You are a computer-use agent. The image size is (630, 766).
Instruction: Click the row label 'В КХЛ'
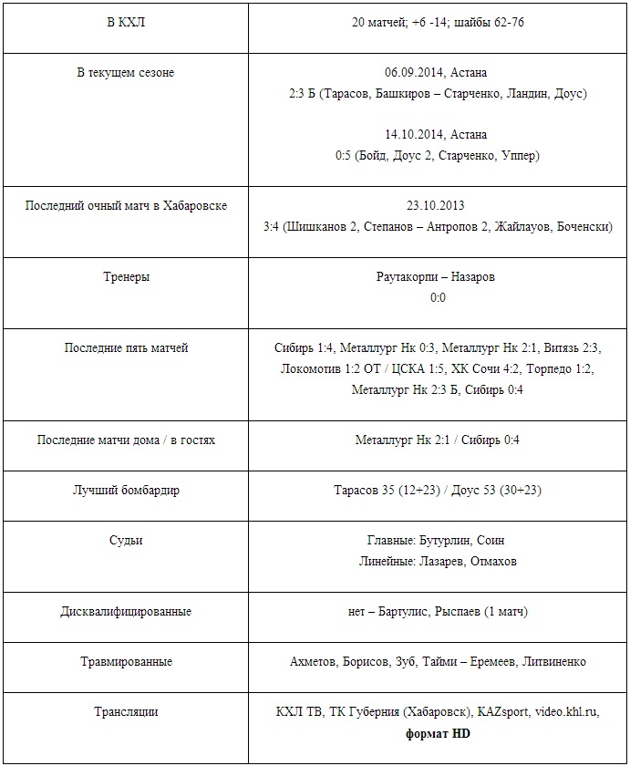point(125,22)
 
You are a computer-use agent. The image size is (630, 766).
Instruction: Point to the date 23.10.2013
point(437,205)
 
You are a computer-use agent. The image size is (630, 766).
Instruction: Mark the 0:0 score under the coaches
point(438,297)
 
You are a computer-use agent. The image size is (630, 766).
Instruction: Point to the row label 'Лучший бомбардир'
point(126,490)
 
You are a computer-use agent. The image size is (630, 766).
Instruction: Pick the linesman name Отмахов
point(493,561)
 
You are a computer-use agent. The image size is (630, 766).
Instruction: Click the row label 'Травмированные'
point(126,661)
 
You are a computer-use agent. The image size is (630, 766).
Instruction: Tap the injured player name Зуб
point(406,661)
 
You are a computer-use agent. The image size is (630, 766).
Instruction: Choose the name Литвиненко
point(553,661)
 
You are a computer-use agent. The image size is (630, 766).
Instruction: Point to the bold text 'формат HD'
point(438,732)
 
